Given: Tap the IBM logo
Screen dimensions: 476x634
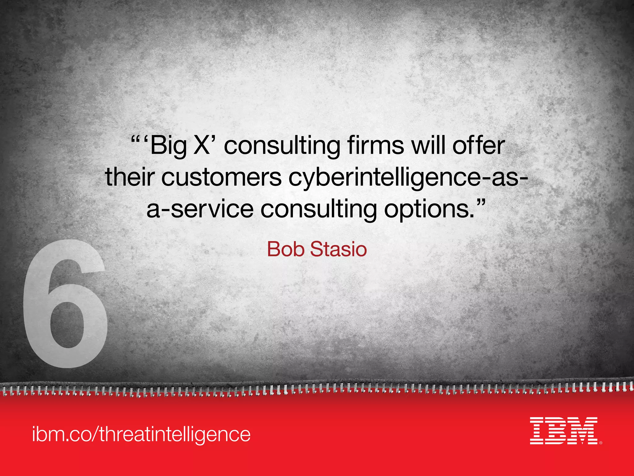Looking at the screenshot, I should click(563, 431).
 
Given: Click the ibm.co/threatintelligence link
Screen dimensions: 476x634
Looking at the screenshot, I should click(141, 434).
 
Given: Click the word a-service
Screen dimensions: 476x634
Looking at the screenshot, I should click(200, 209).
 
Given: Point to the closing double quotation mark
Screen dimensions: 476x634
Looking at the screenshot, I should click(479, 203).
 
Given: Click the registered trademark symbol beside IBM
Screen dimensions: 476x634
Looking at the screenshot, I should click(601, 443).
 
